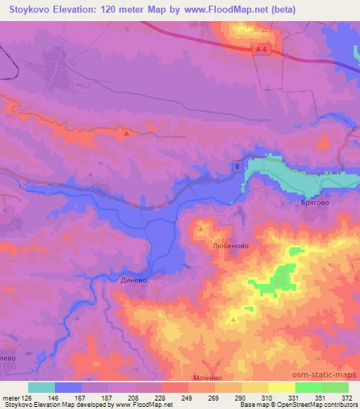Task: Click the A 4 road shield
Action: click(262, 47)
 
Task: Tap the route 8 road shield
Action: click(238, 166)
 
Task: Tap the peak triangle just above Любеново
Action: click(201, 228)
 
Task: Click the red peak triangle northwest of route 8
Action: click(126, 133)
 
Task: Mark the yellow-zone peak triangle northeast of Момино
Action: click(233, 320)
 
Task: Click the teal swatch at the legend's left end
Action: click(41, 387)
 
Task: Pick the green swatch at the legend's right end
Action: click(335, 387)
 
